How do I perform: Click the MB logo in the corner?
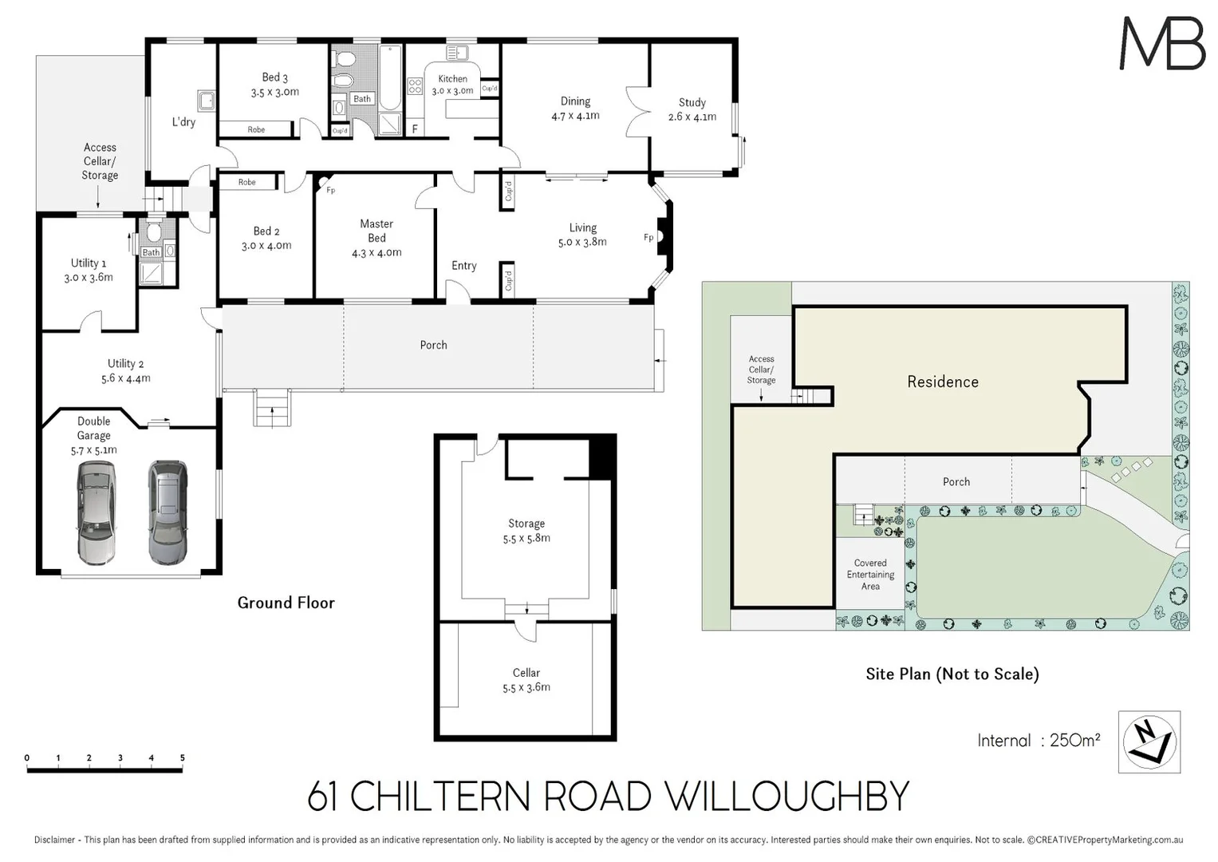point(1162,43)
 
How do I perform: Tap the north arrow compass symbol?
point(1149,741)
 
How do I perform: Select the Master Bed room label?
point(376,231)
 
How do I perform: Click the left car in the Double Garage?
point(96,512)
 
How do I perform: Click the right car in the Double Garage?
point(168,512)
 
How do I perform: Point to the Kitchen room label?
point(452,79)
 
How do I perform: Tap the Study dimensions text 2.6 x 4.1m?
point(692,117)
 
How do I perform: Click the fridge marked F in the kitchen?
point(415,129)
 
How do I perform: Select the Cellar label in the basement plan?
point(526,673)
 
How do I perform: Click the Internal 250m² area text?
point(1039,741)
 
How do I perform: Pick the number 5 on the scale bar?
point(183,758)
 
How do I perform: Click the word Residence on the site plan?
point(942,382)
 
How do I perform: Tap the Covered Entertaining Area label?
point(870,575)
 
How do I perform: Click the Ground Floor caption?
point(286,603)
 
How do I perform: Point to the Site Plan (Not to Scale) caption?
point(952,674)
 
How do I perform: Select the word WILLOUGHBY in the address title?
point(786,797)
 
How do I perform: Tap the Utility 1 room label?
point(88,263)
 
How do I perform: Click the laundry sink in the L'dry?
point(207,101)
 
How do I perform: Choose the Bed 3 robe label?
point(256,129)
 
